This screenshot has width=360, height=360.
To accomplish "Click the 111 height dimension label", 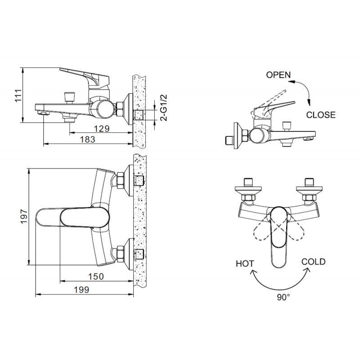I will pos(18,95).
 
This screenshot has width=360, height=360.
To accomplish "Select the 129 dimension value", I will pos(102,129).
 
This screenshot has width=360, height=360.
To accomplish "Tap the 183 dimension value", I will pos(88,140).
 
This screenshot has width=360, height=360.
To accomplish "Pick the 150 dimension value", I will pos(96,276).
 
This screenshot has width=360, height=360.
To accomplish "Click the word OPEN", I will pos(278,75).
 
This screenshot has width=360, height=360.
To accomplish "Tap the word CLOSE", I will pos(320,115).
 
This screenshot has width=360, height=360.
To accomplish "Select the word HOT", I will pos(245,264).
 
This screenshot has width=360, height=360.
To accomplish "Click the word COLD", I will pos(313,262).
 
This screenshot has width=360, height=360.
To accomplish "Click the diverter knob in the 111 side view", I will pos(69,96).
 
